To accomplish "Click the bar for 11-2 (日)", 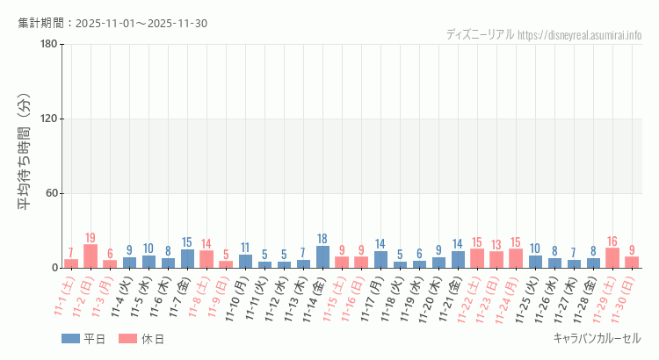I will [91, 256].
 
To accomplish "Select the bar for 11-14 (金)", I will [322, 257].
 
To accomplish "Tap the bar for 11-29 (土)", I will [612, 258].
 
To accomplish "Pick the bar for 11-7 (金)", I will [187, 259].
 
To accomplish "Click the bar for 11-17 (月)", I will [380, 260].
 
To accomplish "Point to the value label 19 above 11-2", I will [91, 238].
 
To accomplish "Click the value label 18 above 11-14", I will [322, 239].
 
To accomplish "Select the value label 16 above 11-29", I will [612, 241].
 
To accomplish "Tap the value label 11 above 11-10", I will [245, 248].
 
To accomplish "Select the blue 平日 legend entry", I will [83, 339].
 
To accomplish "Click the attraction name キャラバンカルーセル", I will [597, 338].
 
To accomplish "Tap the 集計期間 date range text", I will [112, 23].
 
